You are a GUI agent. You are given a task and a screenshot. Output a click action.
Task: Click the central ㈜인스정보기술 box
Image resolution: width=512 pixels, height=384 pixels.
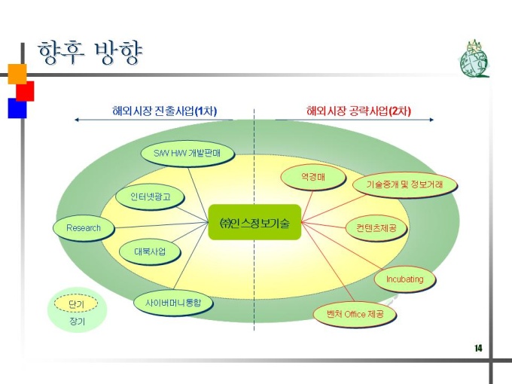tap(254, 222)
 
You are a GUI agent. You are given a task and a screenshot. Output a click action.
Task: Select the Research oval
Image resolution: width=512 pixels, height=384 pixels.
tap(84, 227)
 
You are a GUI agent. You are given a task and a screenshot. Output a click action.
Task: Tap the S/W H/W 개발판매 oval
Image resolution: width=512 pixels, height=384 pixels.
tap(187, 153)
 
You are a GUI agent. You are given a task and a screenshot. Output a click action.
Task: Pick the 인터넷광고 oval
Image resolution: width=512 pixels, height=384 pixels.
tap(150, 197)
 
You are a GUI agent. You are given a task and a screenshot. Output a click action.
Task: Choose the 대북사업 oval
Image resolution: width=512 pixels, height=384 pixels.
tap(150, 251)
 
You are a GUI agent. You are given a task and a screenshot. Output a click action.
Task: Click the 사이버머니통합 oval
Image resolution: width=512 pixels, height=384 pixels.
tap(173, 303)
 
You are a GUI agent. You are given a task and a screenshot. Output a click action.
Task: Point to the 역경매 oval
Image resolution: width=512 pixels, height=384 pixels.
tap(312, 177)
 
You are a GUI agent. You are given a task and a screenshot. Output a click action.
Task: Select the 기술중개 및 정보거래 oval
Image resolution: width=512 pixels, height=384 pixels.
tap(404, 184)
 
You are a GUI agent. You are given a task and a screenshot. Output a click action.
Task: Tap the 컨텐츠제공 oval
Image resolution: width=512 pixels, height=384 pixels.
tap(376, 227)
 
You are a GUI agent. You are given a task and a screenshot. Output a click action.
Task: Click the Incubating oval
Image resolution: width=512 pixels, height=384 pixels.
tap(404, 279)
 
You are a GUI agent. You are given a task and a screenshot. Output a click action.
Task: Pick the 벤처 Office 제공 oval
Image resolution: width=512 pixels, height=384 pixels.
tap(355, 314)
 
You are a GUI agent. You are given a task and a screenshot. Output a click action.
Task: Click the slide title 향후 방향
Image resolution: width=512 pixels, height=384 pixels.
tap(90, 52)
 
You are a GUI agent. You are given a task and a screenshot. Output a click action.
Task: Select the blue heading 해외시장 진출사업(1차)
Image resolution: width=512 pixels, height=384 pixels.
tap(165, 111)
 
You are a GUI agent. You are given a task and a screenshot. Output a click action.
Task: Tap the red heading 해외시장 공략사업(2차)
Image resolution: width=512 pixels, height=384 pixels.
tap(358, 111)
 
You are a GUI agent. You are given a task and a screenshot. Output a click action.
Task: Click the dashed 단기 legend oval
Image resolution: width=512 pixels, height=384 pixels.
tap(76, 303)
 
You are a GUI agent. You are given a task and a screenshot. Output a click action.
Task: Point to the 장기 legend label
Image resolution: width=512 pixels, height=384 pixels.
tap(77, 322)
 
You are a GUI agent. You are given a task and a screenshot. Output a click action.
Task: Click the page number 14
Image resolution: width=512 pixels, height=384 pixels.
tap(478, 349)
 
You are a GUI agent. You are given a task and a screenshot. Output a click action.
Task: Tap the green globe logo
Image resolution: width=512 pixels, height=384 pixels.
tap(474, 59)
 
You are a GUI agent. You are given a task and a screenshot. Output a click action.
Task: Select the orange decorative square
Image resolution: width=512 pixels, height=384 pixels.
tap(17, 74)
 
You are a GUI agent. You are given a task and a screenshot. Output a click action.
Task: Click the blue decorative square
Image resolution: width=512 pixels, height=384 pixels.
tap(17, 108)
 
